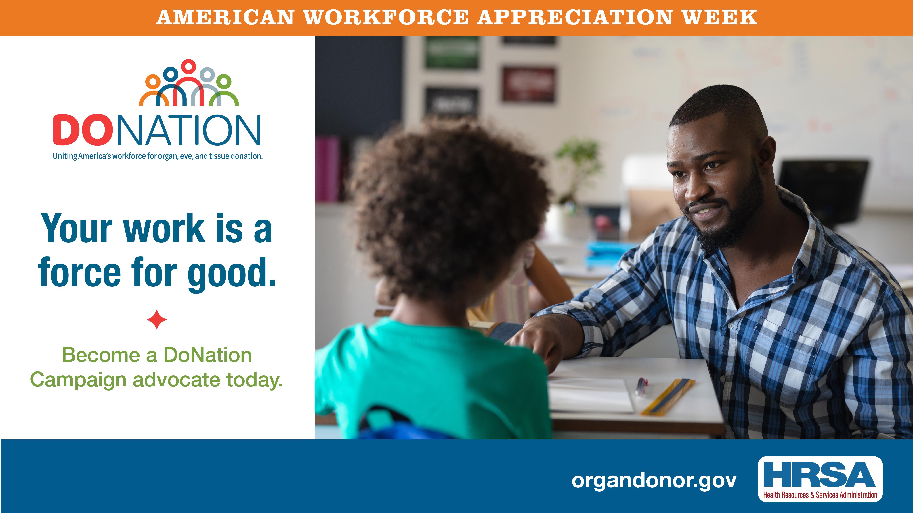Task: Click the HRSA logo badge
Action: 820,479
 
